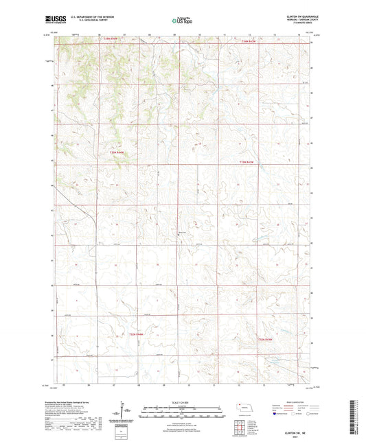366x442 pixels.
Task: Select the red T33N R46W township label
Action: point(117,152)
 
